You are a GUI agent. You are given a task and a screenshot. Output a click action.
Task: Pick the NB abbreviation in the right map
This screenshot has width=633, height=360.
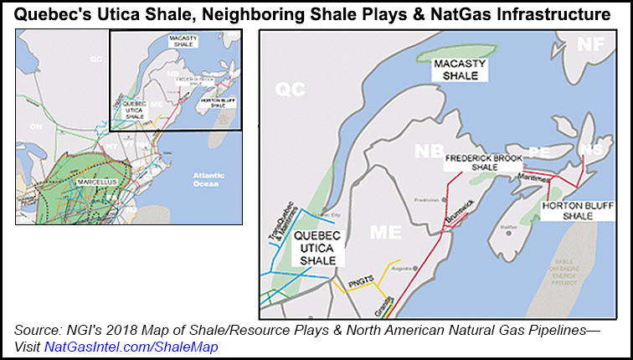click(x=427, y=151)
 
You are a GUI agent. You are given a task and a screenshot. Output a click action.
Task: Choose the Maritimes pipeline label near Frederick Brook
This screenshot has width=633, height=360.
click(x=532, y=177)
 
